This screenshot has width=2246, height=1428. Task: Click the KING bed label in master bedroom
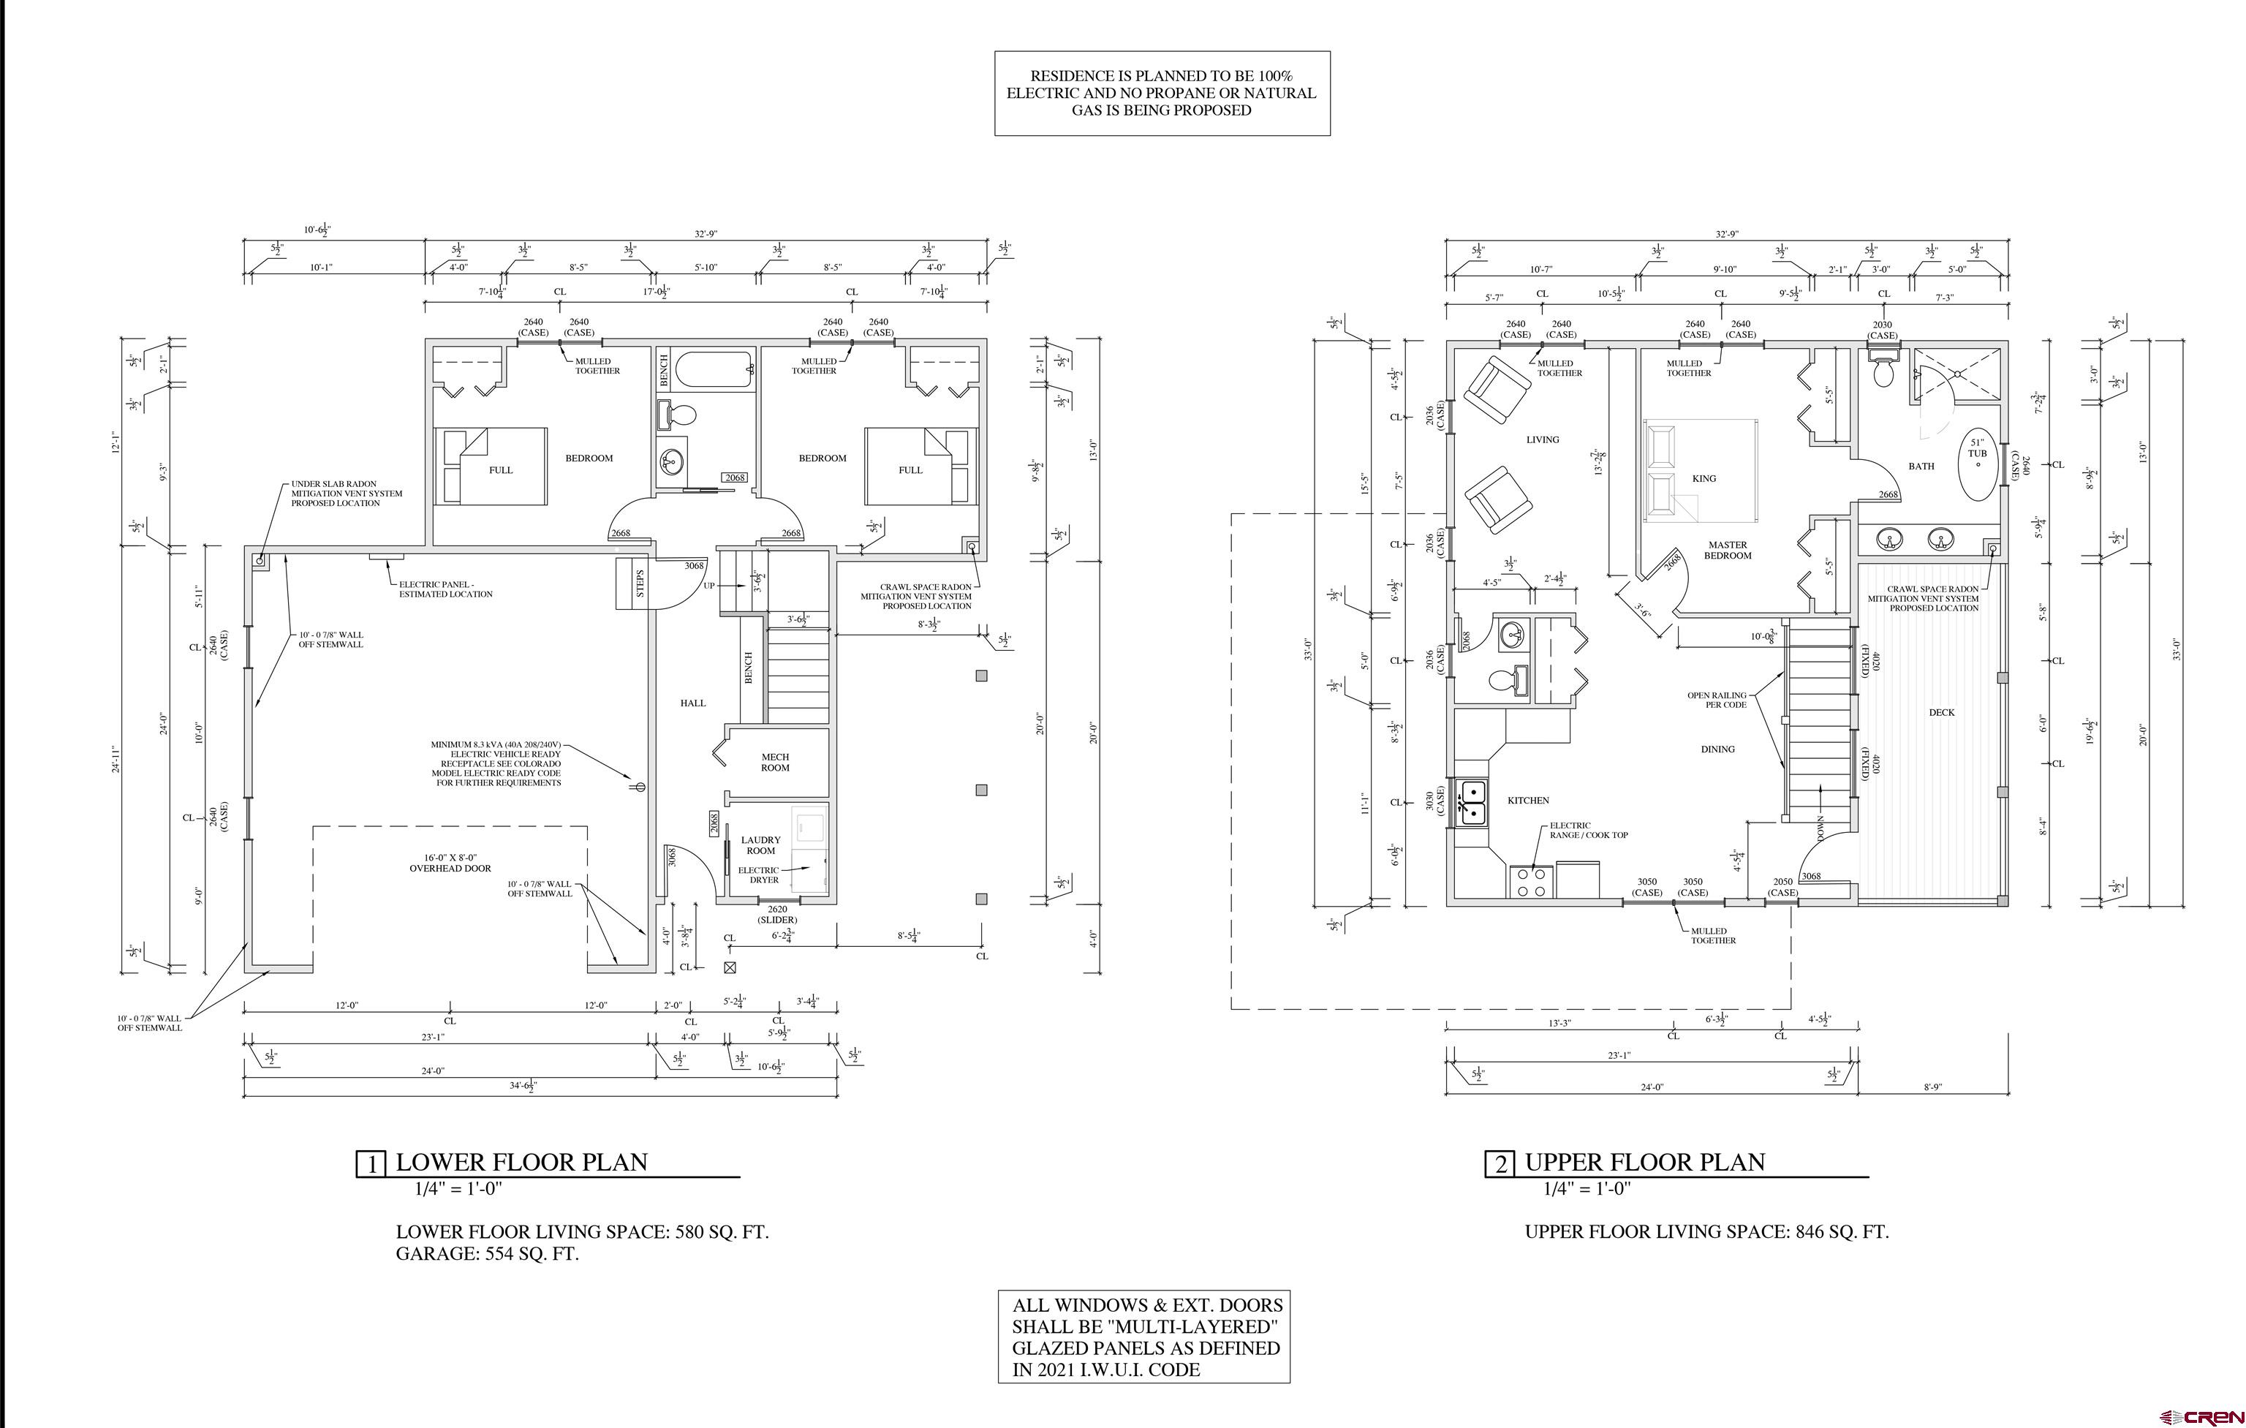click(x=1704, y=478)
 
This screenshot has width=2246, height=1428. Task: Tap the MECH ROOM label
click(x=775, y=763)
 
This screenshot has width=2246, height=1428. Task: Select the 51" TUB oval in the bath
click(x=1978, y=466)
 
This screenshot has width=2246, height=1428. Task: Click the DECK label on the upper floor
click(x=1942, y=713)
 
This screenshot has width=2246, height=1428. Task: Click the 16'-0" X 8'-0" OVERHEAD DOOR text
click(x=450, y=863)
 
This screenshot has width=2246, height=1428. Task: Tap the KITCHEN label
click(x=1528, y=800)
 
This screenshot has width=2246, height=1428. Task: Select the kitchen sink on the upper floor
click(x=1472, y=802)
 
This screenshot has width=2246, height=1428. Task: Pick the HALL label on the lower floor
click(x=693, y=703)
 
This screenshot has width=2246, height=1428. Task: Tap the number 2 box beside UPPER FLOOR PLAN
click(x=1500, y=1165)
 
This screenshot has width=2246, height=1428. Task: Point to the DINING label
click(x=1717, y=749)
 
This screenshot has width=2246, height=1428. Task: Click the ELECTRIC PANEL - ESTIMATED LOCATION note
click(x=445, y=589)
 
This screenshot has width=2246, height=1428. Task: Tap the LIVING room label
click(x=1543, y=439)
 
